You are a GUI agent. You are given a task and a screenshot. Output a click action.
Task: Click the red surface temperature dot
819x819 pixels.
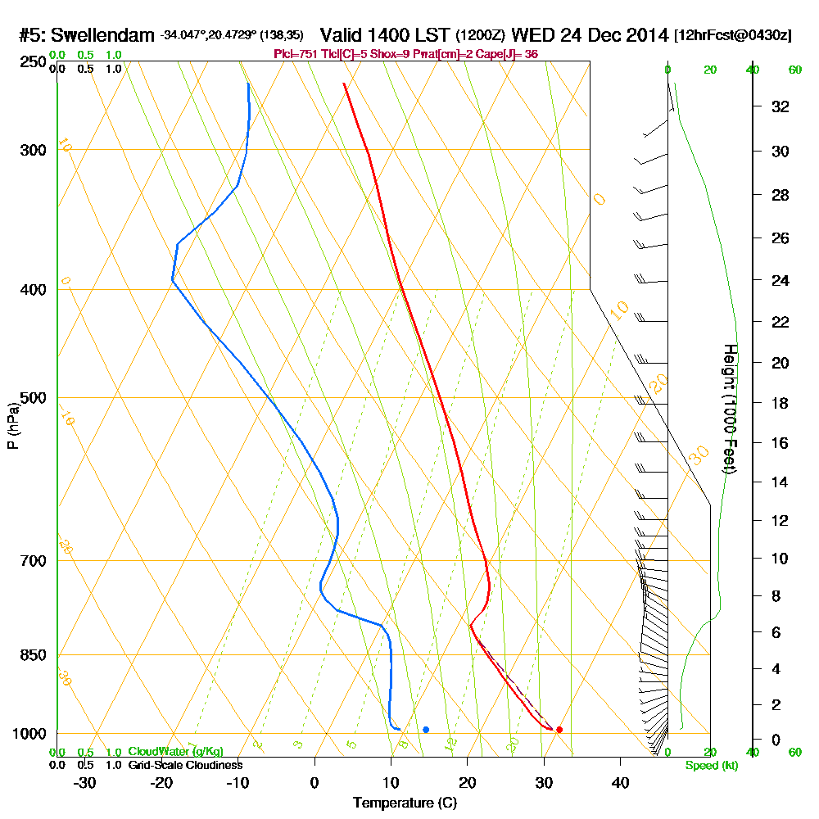click(559, 729)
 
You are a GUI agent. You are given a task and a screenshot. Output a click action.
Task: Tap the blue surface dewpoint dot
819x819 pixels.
click(426, 729)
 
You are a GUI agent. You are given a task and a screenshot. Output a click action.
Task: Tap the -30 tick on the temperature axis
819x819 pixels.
click(84, 782)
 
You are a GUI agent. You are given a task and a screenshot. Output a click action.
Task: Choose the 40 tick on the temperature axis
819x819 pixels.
click(620, 782)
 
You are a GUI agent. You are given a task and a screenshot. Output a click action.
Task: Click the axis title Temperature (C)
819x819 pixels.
click(405, 803)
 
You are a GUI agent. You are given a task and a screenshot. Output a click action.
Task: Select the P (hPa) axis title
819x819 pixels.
click(12, 425)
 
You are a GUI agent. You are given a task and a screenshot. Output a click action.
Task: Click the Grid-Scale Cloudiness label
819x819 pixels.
click(184, 765)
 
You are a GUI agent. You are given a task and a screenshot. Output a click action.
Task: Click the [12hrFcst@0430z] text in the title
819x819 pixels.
click(733, 35)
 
